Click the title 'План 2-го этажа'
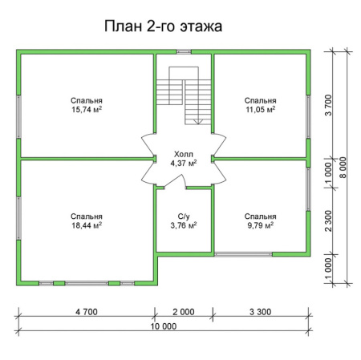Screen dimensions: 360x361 [x=163, y=26]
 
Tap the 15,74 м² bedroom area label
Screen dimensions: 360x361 [x=87, y=109]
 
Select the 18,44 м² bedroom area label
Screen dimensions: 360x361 [x=86, y=227]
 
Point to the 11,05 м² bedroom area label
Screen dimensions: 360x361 [x=261, y=109]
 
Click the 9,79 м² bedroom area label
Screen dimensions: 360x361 [x=261, y=227]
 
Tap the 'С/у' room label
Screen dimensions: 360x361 [x=184, y=216]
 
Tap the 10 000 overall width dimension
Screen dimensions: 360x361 [x=163, y=326]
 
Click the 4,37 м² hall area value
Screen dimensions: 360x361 [x=184, y=163]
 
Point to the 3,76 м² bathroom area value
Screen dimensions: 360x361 [x=184, y=227]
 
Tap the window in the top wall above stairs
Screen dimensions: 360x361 [x=184, y=52]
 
